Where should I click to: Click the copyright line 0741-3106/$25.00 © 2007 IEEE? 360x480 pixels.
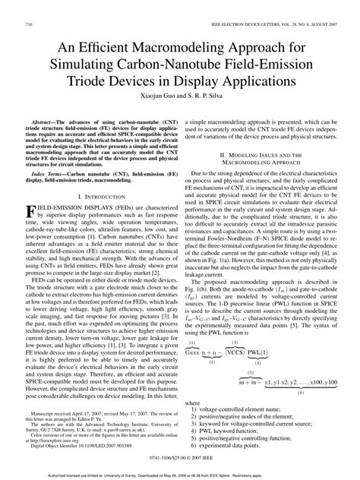click(179, 459)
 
